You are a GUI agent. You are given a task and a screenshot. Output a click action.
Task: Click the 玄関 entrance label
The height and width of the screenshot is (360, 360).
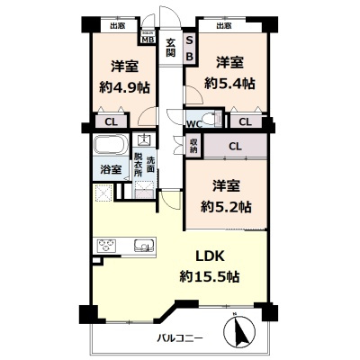pyautogui.click(x=169, y=48)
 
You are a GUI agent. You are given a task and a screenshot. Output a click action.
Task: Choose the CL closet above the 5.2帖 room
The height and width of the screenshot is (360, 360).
pyautogui.click(x=234, y=145)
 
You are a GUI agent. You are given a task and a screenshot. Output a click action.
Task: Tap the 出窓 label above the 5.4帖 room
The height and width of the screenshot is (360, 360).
pyautogui.click(x=223, y=26)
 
